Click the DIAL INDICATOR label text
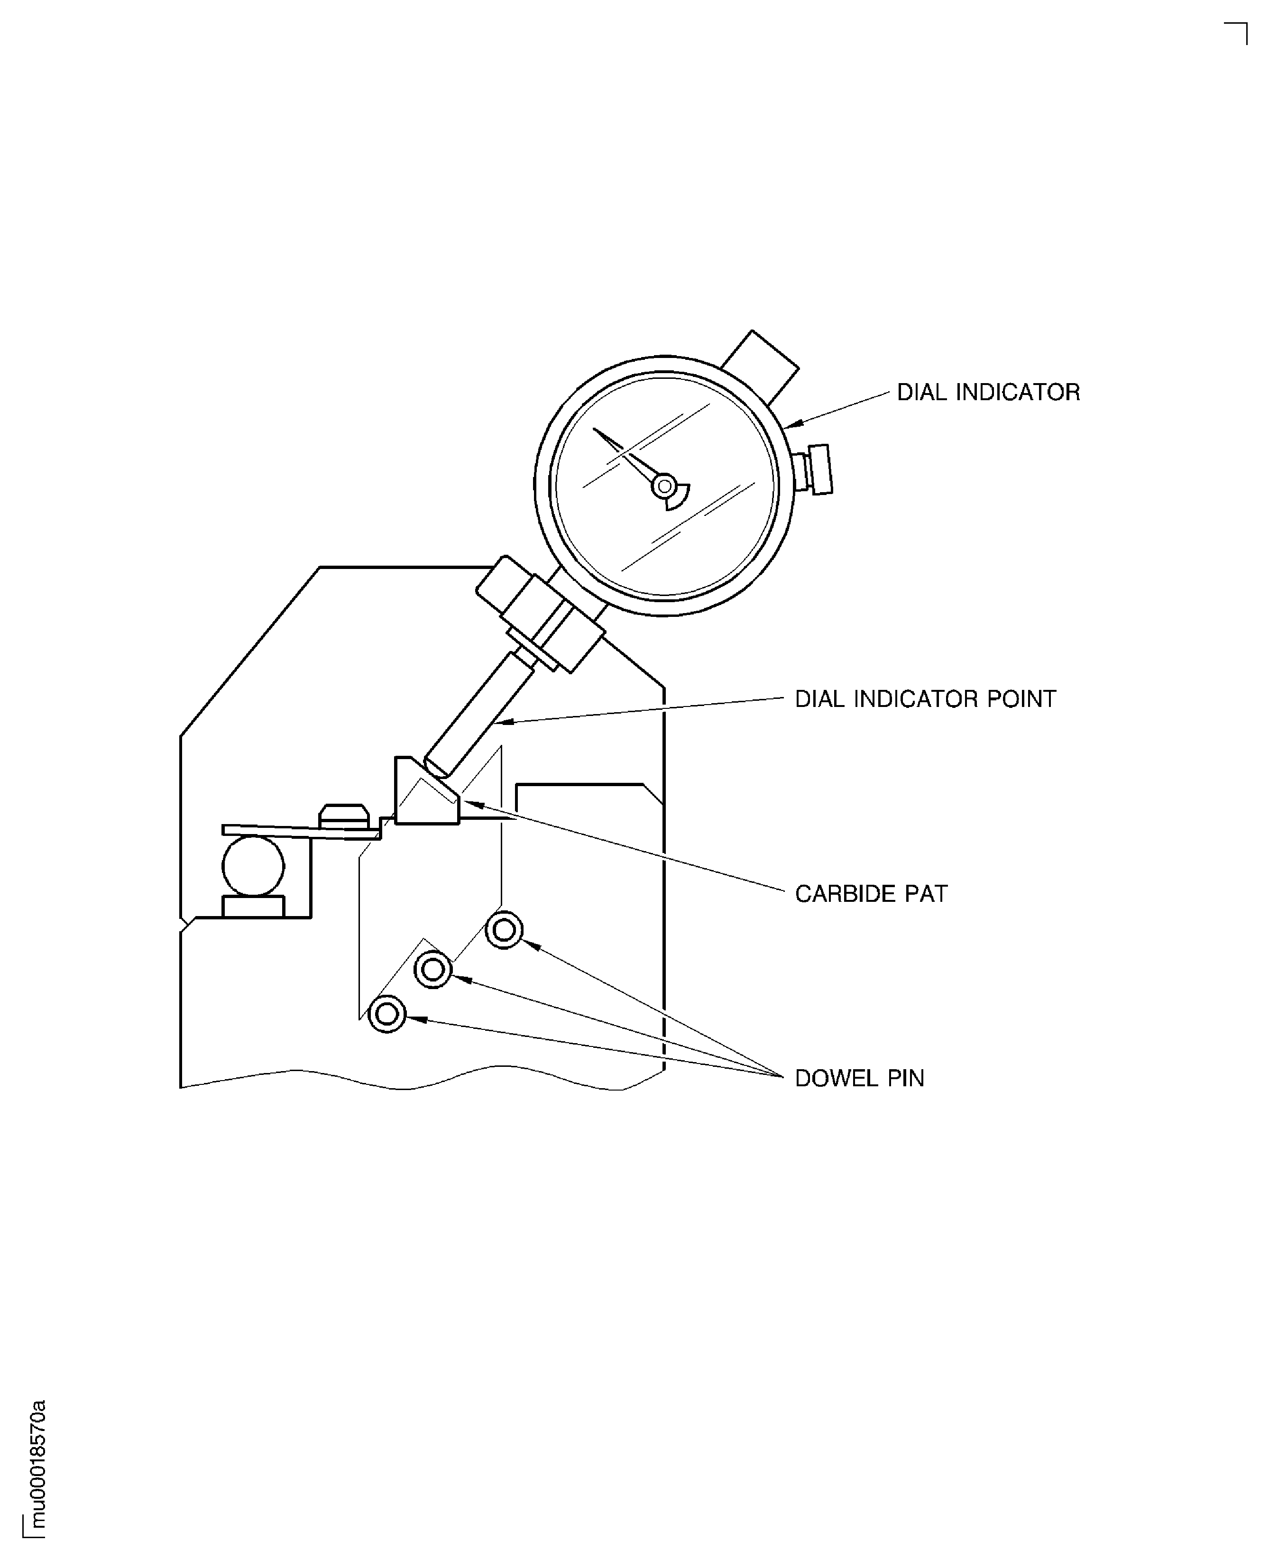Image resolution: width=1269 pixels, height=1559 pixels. tap(988, 393)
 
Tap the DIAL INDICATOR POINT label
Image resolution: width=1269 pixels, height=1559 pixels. tap(925, 699)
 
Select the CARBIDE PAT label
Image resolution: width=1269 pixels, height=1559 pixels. tap(871, 894)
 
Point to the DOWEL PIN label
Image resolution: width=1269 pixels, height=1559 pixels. tap(859, 1078)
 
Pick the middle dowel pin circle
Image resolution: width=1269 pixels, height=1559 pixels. tap(433, 970)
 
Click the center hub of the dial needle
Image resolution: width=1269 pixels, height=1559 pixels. tap(664, 486)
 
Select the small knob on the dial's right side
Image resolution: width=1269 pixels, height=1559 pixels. tap(818, 470)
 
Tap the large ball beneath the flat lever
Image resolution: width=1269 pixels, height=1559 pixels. tap(253, 866)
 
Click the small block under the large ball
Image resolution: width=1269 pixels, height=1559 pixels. tap(253, 906)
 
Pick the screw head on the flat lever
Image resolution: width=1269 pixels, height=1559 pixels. tap(343, 816)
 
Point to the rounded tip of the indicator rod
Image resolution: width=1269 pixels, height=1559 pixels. tap(436, 768)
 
